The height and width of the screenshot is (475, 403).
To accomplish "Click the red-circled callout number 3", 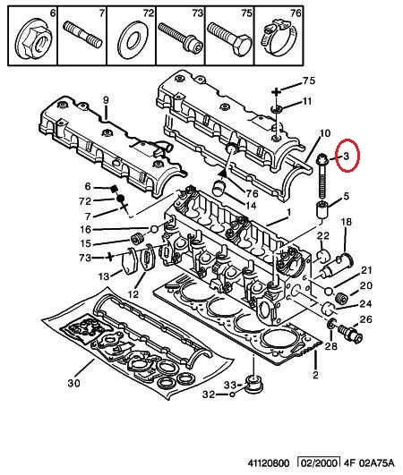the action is (347, 157).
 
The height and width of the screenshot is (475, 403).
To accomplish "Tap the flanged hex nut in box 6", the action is (33, 42).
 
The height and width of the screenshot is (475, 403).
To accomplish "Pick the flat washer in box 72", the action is (133, 39).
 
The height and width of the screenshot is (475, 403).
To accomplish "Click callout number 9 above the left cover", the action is (106, 99).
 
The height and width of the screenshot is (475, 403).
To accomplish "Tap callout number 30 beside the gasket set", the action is (73, 383).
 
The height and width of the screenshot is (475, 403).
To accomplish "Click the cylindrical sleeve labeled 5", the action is (322, 209).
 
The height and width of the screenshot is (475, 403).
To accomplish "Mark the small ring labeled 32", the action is (232, 394).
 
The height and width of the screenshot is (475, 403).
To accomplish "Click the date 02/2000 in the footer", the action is (319, 462).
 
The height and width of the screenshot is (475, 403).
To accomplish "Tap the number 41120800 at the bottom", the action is (269, 463).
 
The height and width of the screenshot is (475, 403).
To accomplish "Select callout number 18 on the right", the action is (346, 222).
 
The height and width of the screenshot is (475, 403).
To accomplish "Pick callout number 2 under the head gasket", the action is (315, 375).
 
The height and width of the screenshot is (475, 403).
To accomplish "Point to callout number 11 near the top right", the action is (307, 101).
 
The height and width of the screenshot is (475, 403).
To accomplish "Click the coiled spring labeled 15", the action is (137, 239).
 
